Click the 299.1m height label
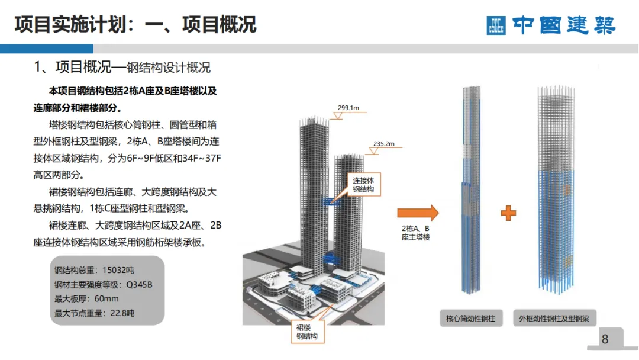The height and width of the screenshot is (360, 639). pyautogui.click(x=348, y=108)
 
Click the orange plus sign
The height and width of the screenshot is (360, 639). pyautogui.click(x=508, y=213)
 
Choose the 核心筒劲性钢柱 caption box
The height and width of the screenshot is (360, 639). pyautogui.click(x=470, y=319)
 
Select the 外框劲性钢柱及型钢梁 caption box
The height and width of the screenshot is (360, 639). pyautogui.click(x=554, y=319)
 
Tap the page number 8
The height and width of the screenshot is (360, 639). pyautogui.click(x=604, y=339)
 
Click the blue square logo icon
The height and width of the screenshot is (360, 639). pyautogui.click(x=496, y=25)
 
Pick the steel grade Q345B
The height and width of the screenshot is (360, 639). pyautogui.click(x=139, y=285)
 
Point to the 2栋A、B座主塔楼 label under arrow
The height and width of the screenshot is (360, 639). pyautogui.click(x=415, y=233)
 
